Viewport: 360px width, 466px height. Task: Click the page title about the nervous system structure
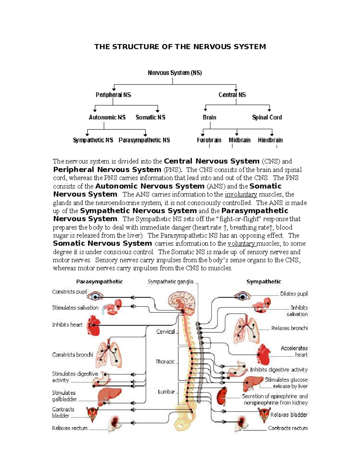pyautogui.click(x=180, y=47)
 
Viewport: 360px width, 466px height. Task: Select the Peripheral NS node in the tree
pyautogui.click(x=113, y=95)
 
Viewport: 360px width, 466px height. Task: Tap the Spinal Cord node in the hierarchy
pyautogui.click(x=267, y=117)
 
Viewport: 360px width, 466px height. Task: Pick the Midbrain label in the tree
pyautogui.click(x=239, y=140)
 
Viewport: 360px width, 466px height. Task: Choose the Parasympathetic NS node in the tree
pyautogui.click(x=144, y=140)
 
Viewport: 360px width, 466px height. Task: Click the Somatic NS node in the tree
pyautogui.click(x=150, y=117)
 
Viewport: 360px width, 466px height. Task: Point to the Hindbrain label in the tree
pyautogui.click(x=270, y=140)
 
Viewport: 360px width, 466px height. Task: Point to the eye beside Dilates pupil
pyautogui.click(x=241, y=296)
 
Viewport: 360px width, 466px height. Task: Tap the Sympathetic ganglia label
pyautogui.click(x=170, y=282)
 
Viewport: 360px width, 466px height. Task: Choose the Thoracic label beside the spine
pyautogui.click(x=165, y=362)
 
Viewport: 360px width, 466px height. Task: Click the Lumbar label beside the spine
pyautogui.click(x=166, y=392)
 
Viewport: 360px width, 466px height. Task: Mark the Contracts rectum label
pyautogui.click(x=287, y=428)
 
